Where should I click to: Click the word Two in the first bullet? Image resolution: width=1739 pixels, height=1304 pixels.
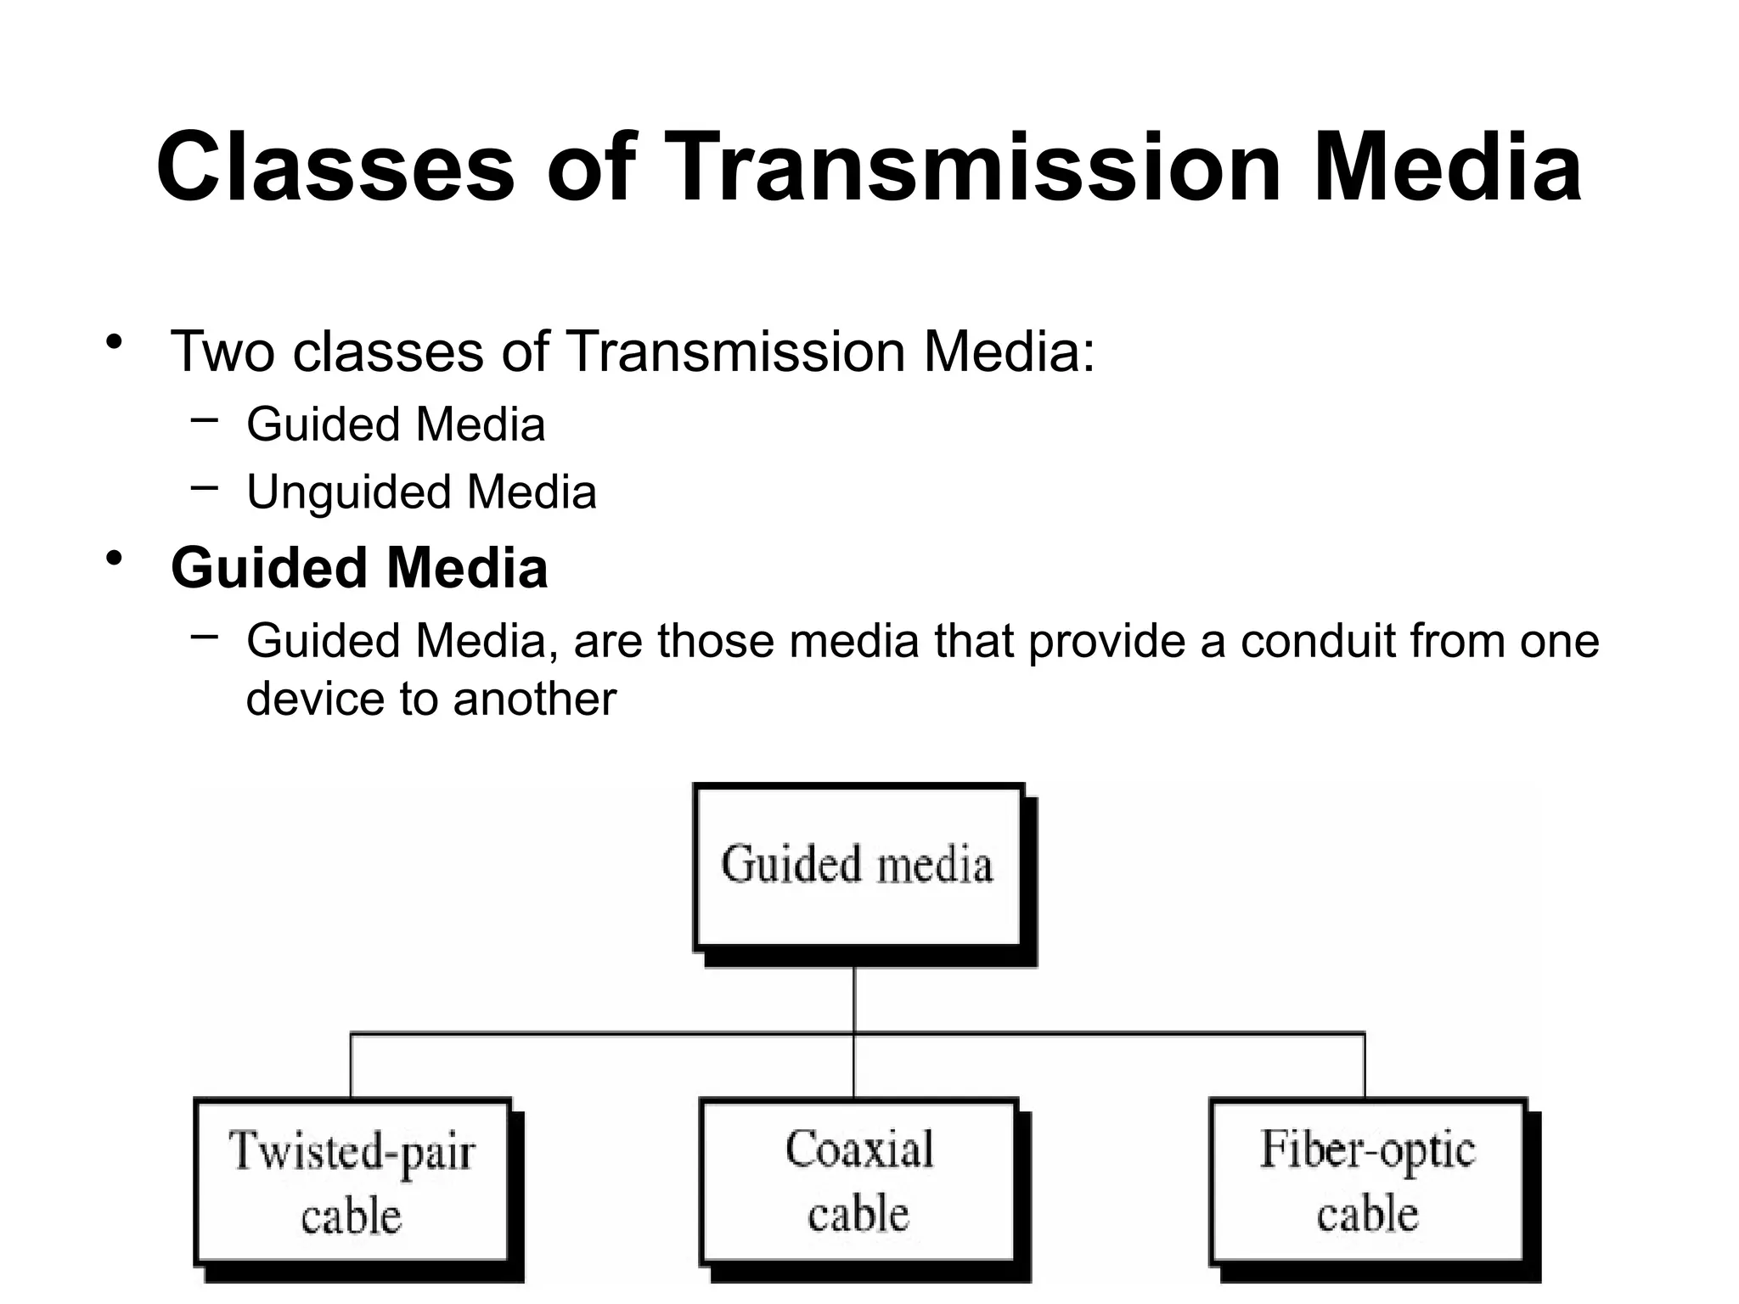coord(222,351)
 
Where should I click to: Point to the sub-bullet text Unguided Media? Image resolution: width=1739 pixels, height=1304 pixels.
coord(421,492)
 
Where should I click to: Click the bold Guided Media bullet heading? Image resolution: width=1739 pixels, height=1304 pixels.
coord(359,568)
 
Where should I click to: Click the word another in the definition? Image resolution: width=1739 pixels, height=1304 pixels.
coord(534,700)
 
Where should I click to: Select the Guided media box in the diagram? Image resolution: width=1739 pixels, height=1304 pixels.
coord(858,866)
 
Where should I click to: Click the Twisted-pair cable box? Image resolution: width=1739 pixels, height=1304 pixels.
coord(352,1181)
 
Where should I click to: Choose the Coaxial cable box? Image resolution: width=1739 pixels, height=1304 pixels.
coord(858,1181)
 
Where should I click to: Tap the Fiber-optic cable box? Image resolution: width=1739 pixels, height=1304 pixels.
coord(1366,1181)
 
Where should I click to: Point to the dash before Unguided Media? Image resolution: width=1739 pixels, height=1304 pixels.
coord(205,487)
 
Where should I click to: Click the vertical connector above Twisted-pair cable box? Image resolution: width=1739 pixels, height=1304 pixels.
coord(351,1065)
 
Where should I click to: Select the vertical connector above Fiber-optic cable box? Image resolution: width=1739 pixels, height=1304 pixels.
coord(1365,1065)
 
